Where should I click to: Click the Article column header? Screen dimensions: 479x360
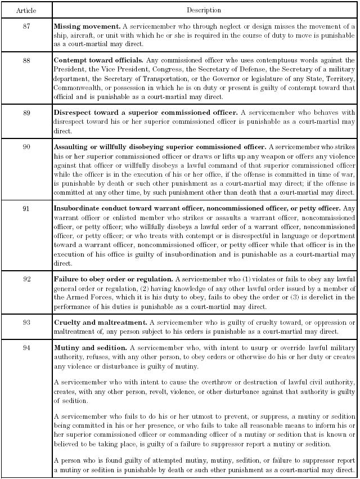[26, 10]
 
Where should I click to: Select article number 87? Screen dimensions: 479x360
[26, 26]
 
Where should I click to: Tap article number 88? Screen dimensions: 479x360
[26, 60]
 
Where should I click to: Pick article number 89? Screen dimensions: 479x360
[26, 112]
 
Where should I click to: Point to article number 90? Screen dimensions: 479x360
[26, 146]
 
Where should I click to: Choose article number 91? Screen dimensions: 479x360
[26, 208]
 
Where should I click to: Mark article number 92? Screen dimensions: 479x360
[26, 279]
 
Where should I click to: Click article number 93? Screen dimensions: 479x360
[26, 322]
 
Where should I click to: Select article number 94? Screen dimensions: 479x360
[26, 347]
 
